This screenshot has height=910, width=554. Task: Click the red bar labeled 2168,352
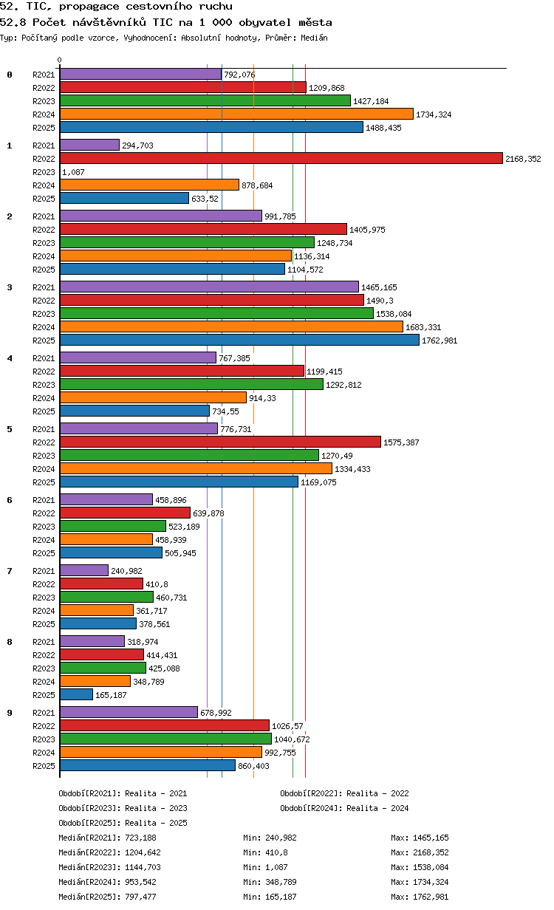point(281,158)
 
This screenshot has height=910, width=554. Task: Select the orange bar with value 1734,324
point(236,114)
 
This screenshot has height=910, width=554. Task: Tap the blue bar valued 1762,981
point(239,340)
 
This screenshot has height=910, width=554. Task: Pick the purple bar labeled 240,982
point(84,570)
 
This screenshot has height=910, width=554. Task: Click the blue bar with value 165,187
point(76,694)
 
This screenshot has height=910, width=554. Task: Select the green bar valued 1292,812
point(192,384)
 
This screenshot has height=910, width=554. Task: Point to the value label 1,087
point(74,172)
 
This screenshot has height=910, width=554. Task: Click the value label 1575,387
point(401,442)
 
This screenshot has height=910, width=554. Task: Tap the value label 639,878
point(208,513)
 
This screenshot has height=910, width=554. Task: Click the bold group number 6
point(10,500)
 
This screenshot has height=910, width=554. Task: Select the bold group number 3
point(10,287)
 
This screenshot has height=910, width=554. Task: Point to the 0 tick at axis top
point(60,60)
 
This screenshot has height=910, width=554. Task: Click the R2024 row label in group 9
point(44,753)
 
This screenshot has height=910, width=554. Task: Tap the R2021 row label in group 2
point(44,216)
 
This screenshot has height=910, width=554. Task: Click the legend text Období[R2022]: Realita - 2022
point(344,793)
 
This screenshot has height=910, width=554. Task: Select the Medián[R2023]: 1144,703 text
point(109,867)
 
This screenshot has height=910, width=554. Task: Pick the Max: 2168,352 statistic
point(420,852)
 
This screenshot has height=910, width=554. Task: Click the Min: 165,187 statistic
point(270,897)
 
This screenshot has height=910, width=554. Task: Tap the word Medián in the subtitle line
point(315,38)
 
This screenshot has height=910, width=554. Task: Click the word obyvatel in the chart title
point(265,22)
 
